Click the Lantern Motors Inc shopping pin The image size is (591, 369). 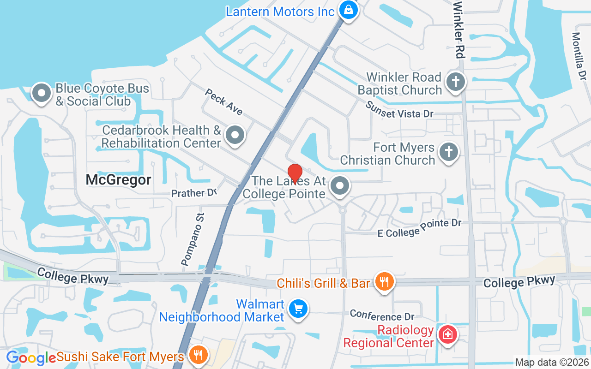click(348, 9)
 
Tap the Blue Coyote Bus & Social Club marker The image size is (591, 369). click(42, 93)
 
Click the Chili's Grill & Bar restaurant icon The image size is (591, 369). click(384, 281)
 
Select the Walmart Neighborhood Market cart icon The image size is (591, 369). click(298, 309)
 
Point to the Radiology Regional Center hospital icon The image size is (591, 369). click(447, 334)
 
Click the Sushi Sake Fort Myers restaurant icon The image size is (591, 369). click(198, 355)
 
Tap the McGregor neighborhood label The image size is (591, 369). click(118, 180)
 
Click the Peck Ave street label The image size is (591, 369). click(224, 102)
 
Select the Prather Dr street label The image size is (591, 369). click(194, 192)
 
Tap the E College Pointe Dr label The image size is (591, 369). click(419, 228)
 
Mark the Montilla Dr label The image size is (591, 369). click(579, 55)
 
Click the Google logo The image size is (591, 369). click(31, 357)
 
